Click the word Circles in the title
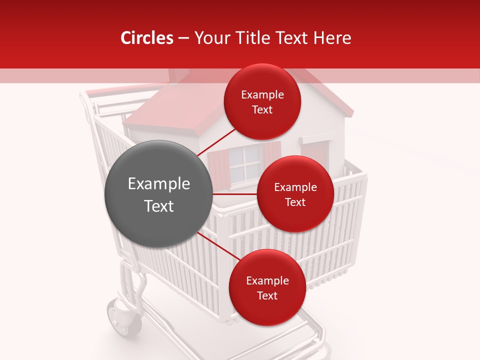[147, 38]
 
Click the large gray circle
[158, 193]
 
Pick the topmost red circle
[262, 101]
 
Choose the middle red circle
[295, 194]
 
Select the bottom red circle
[267, 287]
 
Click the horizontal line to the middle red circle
[234, 194]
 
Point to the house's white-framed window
[244, 163]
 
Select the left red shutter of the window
[218, 168]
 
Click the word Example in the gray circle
[159, 184]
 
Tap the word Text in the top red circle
[262, 110]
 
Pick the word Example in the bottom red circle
[267, 280]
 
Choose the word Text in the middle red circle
[295, 202]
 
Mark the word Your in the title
[210, 38]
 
